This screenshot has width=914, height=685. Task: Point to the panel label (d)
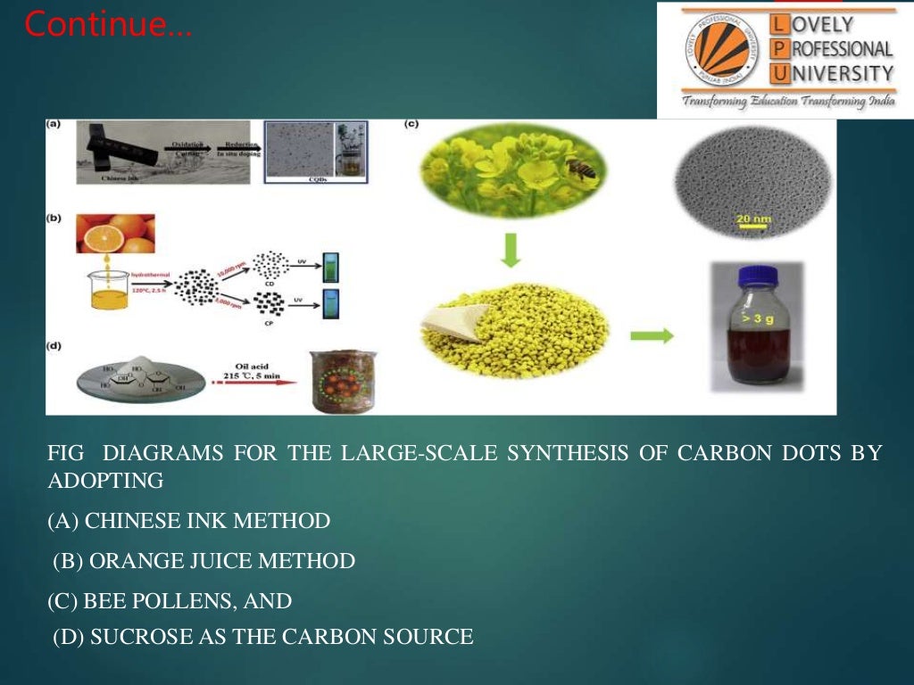click(54, 345)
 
